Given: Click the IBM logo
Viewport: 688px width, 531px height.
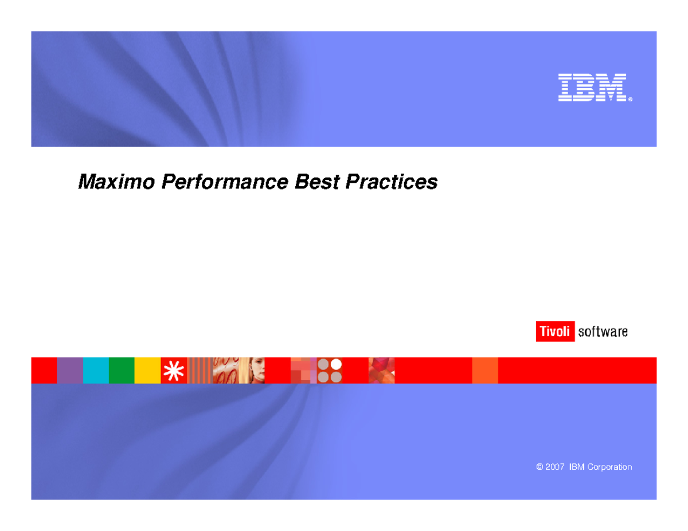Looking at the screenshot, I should pos(592,88).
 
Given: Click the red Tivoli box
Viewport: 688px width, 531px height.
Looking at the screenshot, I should pos(554,332).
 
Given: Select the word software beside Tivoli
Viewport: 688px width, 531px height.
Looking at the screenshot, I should pos(603,332).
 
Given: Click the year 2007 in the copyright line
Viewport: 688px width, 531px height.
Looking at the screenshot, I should pos(556,467).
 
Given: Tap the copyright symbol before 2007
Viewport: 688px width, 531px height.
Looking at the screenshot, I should pos(540,467).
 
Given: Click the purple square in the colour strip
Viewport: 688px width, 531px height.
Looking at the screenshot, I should pos(70,370).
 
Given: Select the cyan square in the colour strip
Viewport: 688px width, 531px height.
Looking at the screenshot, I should pos(96,370).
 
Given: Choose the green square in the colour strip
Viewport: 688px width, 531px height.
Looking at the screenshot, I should pos(122,370).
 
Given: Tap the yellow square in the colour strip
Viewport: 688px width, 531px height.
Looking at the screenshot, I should pos(147,370).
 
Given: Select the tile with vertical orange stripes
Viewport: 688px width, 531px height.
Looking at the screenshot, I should pos(200,370).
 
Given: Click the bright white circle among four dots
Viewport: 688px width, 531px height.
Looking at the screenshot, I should pos(336,364).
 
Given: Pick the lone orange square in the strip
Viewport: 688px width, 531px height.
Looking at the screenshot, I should pos(484,370).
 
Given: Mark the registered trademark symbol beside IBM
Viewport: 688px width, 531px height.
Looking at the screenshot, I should pos(630,99).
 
